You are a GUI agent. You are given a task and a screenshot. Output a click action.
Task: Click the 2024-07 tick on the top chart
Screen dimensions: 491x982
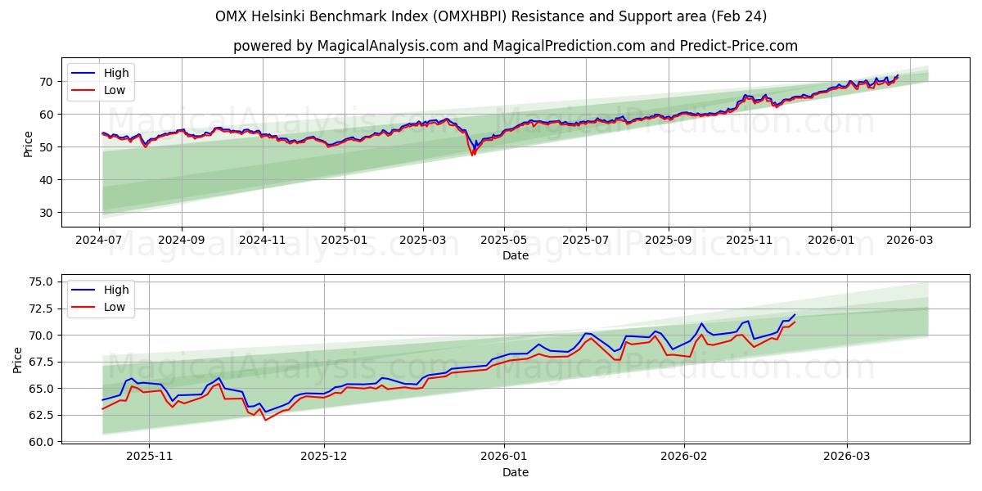(x=100, y=240)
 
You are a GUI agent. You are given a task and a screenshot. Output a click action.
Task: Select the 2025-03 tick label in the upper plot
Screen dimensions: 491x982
(x=423, y=240)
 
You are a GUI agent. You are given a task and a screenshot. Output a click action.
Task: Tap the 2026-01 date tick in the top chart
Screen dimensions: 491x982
(x=831, y=240)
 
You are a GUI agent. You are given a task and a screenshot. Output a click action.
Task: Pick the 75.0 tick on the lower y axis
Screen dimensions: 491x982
(x=38, y=282)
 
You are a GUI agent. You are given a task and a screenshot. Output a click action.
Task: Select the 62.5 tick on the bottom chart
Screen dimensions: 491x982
(x=38, y=415)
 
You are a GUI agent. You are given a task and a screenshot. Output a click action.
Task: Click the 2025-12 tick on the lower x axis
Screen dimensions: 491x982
(x=324, y=457)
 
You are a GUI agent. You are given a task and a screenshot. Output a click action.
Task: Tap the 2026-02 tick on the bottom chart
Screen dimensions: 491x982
(x=683, y=457)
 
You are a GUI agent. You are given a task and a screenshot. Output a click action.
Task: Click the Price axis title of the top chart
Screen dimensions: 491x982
(x=29, y=144)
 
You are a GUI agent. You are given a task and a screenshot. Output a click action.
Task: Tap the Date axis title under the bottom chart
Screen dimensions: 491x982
(x=516, y=472)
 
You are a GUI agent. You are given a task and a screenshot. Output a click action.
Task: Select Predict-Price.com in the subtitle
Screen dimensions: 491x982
(x=739, y=46)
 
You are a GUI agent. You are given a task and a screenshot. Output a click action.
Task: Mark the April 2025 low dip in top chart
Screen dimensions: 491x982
(x=472, y=155)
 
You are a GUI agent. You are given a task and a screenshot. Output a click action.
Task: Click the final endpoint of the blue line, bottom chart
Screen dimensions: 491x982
(x=794, y=315)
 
